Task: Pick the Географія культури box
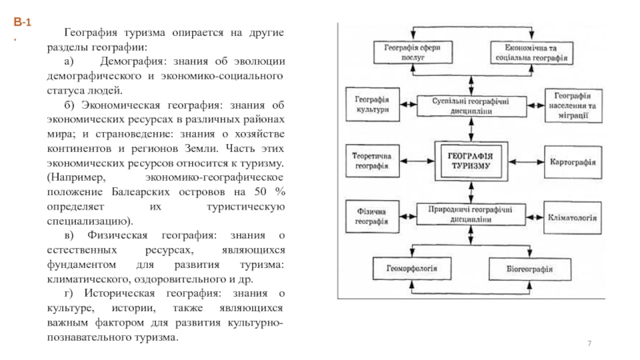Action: [x=372, y=104]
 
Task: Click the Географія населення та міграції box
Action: [x=571, y=104]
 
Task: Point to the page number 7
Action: [x=590, y=342]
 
